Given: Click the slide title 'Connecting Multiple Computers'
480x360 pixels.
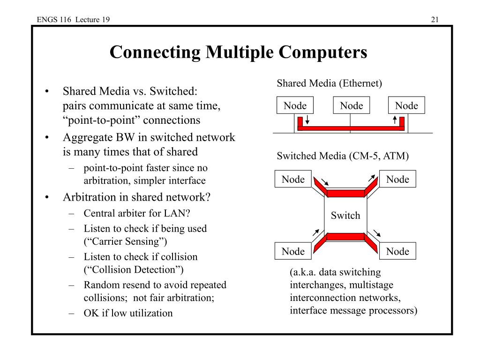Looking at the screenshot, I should coord(238,52).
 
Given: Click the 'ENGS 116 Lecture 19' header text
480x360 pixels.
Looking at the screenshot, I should coord(74,19).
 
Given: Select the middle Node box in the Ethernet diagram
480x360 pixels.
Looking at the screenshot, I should coord(351,106).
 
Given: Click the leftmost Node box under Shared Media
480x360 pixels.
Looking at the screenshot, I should coord(295,106).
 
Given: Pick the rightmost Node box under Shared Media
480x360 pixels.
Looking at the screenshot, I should coord(406,106).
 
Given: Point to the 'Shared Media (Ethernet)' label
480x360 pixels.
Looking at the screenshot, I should coord(329,83).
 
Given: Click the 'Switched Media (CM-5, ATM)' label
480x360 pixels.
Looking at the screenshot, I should coord(343,156).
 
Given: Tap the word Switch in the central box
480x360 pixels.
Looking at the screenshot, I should coord(345,216).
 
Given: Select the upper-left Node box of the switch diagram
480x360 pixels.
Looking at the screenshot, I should coord(293,180).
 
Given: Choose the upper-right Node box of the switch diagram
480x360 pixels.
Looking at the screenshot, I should coord(397,180).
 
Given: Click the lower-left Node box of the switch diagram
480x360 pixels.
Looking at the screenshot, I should coord(293,252).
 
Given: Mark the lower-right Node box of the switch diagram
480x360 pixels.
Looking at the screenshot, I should coord(397,252).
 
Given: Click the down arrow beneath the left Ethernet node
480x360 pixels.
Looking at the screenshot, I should coord(307,120).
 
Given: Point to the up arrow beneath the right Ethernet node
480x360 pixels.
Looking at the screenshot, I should coord(395,120).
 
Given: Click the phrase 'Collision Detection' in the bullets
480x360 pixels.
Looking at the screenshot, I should coord(134,270).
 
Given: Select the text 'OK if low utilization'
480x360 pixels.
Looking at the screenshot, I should coord(128,313).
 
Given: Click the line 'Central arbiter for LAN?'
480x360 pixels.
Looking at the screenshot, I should coord(137,213).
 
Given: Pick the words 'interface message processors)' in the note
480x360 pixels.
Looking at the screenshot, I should coord(353,310).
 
